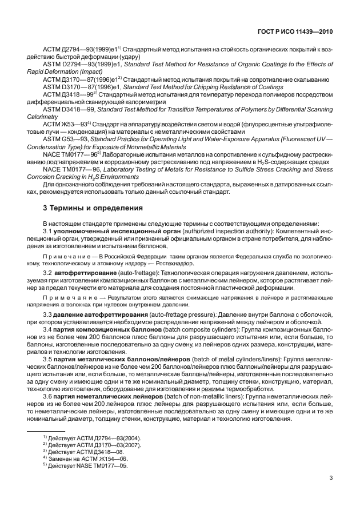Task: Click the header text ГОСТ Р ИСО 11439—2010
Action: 299,33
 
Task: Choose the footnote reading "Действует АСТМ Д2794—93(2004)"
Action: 93,437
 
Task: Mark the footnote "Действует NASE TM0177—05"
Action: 87,465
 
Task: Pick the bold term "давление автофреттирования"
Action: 101,314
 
